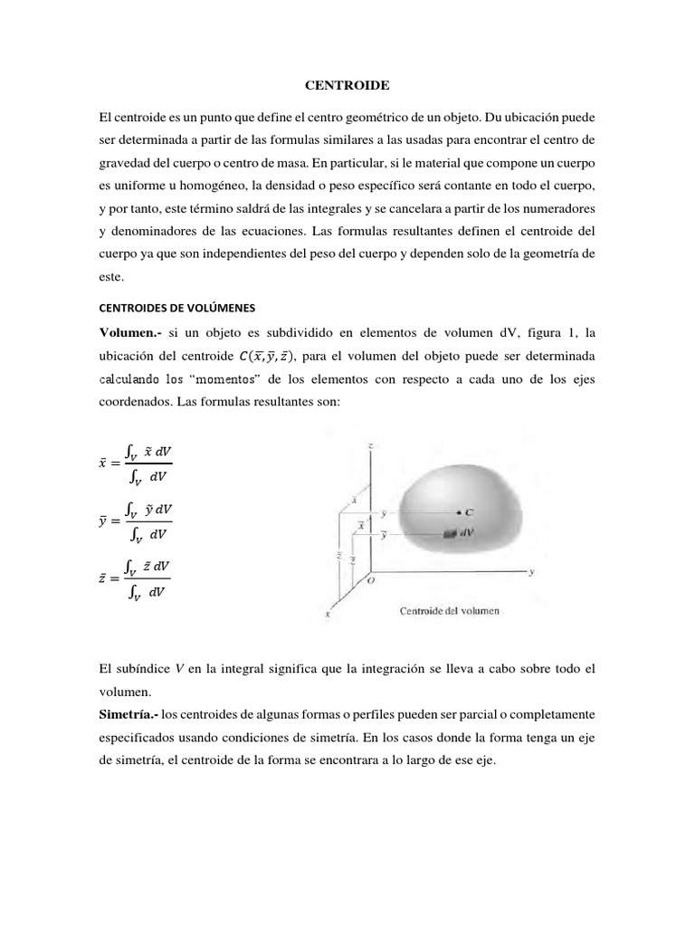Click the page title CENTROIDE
347,85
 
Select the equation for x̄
136,462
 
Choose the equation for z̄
136,579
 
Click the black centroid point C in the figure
462,512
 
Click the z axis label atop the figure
370,446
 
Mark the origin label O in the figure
371,583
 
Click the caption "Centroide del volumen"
450,611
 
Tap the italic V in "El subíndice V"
180,669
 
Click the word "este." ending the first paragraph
113,279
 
